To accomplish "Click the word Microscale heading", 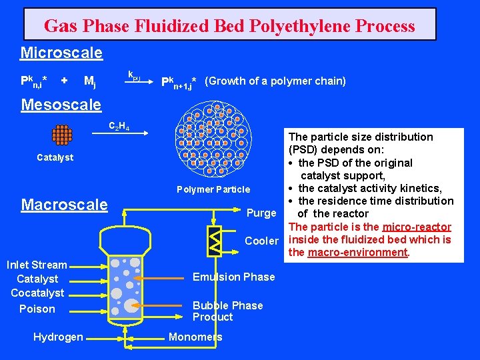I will [61, 52].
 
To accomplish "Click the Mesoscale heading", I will [61, 105].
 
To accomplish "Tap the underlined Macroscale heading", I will [64, 204].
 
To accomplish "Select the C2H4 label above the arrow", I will [119, 127].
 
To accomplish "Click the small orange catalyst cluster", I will [61, 135].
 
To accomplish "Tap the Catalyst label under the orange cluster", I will [55, 158].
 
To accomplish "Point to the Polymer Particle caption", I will [213, 189].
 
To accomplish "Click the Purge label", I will [261, 213].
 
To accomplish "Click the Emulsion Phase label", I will [233, 277].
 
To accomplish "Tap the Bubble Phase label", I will [227, 305].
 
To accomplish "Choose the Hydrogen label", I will [58, 337].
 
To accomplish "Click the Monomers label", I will [195, 337].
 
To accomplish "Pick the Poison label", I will [37, 309].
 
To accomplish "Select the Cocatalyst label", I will [37, 293].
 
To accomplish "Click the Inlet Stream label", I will [37, 265].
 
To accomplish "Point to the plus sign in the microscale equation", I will [64, 81].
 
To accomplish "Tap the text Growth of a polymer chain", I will [275, 81].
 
